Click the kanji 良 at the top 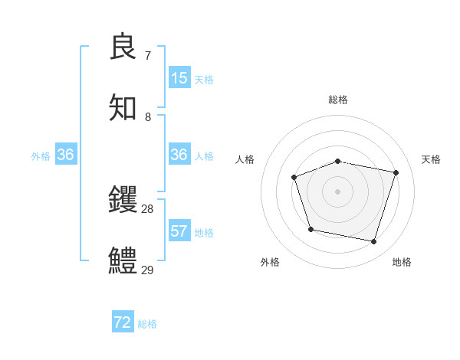[x=123, y=47]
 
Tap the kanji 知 [x=123, y=108]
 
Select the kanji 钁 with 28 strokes [x=123, y=200]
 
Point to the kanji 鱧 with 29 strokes [x=123, y=260]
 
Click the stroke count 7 [x=147, y=56]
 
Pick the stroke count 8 [x=147, y=117]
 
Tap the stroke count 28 [x=147, y=209]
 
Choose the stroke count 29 [x=147, y=270]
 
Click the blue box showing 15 [x=179, y=78]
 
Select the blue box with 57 [x=179, y=231]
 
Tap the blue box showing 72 [x=123, y=322]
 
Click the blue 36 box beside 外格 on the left [x=66, y=155]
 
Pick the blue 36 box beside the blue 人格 [x=179, y=155]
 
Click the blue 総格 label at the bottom [x=147, y=324]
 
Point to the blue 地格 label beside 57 [x=204, y=233]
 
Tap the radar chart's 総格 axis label [x=337, y=100]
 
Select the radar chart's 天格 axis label [x=431, y=159]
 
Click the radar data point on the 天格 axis [x=396, y=172]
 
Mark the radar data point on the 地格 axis [x=374, y=242]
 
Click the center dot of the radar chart [x=337, y=191]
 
